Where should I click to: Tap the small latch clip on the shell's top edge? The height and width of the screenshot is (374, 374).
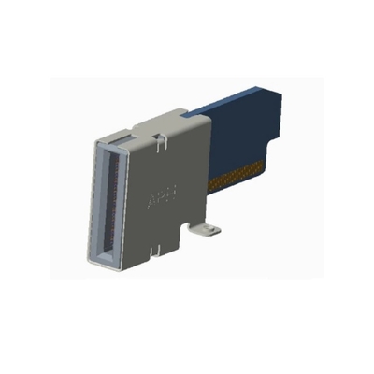tap(162, 142)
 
